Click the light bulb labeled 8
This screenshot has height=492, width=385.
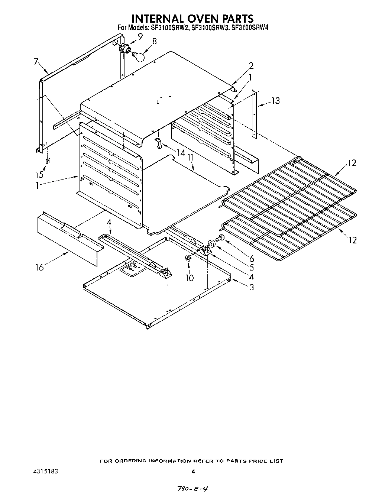(137, 56)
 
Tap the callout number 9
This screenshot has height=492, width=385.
(140, 36)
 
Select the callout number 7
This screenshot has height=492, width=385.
(36, 62)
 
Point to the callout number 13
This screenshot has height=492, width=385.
(275, 100)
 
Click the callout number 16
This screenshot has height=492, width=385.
(40, 267)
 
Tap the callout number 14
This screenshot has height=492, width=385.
(181, 153)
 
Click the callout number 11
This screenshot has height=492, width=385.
(191, 158)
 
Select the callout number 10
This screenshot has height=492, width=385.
(190, 278)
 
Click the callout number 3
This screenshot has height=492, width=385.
(252, 287)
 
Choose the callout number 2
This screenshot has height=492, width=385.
(251, 66)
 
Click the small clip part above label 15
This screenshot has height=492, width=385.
(48, 161)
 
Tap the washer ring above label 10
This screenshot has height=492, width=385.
(188, 258)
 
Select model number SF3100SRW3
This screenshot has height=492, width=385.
(209, 27)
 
